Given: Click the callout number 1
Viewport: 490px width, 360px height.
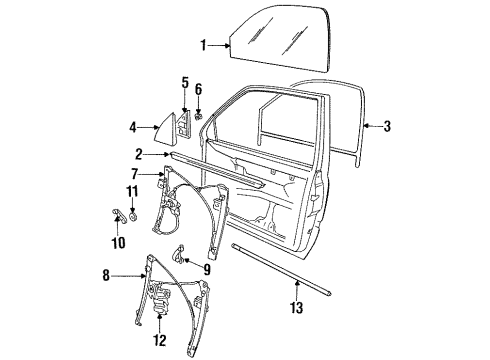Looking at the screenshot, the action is [203, 46].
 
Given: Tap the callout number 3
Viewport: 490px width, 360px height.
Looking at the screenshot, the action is [387, 126].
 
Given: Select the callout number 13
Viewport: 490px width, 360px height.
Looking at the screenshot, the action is [296, 307].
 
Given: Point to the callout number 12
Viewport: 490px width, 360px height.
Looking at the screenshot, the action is [160, 340].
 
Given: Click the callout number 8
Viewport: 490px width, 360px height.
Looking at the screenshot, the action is [106, 276].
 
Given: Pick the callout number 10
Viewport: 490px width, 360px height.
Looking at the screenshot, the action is [118, 243].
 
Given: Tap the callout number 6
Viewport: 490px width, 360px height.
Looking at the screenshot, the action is [198, 89].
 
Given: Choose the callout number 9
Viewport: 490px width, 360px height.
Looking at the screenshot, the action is [207, 270].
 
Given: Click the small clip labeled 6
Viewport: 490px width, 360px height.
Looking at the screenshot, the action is [199, 116].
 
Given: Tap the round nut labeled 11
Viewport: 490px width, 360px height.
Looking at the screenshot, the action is [133, 216].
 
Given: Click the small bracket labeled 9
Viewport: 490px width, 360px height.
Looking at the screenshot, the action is [178, 255].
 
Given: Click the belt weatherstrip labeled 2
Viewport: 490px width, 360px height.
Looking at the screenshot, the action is [217, 169].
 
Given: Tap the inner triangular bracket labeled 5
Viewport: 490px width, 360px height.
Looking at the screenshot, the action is [184, 124].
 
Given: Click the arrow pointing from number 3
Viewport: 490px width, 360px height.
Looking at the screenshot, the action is [372, 126].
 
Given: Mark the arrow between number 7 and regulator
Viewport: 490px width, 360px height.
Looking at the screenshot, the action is [153, 174].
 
